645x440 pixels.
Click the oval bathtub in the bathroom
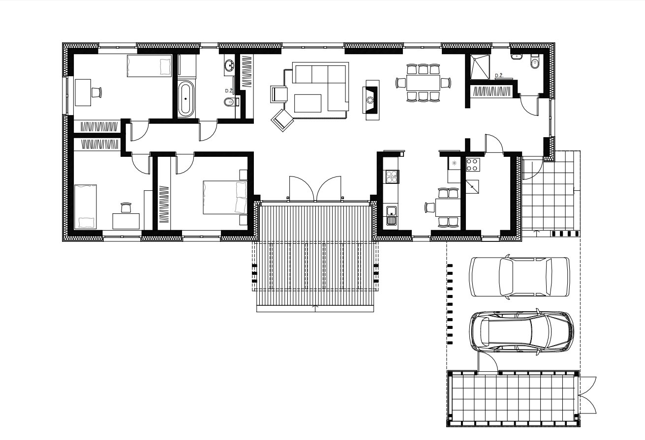coord(185,98)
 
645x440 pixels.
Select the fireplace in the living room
coord(370,100)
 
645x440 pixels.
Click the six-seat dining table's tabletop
coord(423,83)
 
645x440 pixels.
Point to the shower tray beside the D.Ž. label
coord(480,66)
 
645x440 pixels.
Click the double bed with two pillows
coord(225,197)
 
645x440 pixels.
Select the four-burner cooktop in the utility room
coord(473,165)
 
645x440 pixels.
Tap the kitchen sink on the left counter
coord(391,215)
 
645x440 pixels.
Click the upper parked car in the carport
coord(519,277)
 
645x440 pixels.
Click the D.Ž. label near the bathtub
coord(229,90)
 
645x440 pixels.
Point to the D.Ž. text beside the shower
coord(499,76)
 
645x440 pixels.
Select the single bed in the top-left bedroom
coord(149,66)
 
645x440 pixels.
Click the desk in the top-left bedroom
coord(83,92)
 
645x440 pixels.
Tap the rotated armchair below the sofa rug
coord(282,120)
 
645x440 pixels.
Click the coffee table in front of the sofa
coord(307,103)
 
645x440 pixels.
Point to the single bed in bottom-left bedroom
coord(85,206)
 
